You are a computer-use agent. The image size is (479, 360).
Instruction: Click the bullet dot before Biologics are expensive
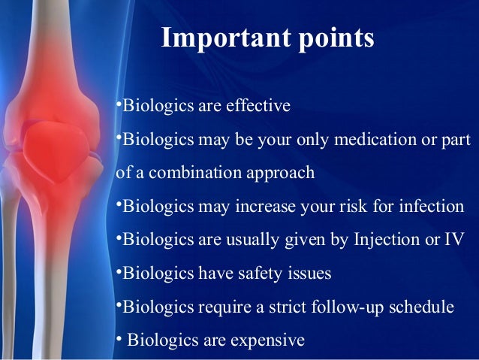point(119,340)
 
